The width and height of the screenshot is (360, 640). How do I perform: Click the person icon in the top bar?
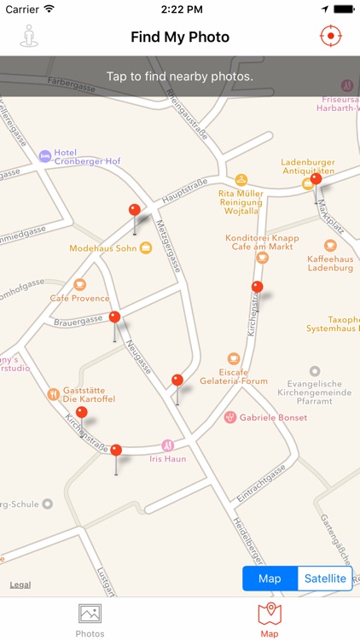click(x=30, y=37)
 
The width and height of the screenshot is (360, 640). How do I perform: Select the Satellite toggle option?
click(x=325, y=579)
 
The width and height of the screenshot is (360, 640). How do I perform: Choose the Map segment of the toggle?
click(x=270, y=579)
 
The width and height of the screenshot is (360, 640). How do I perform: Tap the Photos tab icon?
click(x=90, y=614)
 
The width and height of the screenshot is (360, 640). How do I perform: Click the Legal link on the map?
click(x=20, y=585)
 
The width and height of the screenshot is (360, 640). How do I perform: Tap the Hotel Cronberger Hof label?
click(x=86, y=157)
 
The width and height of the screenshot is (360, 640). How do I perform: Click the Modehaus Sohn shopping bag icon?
click(x=146, y=248)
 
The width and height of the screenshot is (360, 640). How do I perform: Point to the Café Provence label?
click(x=79, y=298)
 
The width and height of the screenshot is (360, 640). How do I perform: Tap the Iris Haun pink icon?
click(x=168, y=445)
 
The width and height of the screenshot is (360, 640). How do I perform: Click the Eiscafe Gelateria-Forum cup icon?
click(x=234, y=358)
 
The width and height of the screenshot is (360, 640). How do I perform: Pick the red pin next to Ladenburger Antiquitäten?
click(x=316, y=179)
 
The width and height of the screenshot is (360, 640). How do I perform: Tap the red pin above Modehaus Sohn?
click(x=134, y=210)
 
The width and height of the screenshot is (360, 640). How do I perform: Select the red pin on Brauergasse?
click(x=115, y=317)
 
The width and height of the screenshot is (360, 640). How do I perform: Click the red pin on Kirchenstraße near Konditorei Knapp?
click(x=257, y=287)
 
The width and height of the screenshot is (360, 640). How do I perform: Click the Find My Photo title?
click(x=180, y=37)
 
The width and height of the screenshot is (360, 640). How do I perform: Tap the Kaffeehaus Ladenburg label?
click(x=329, y=263)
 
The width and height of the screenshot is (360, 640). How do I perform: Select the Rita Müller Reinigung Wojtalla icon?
click(x=241, y=180)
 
